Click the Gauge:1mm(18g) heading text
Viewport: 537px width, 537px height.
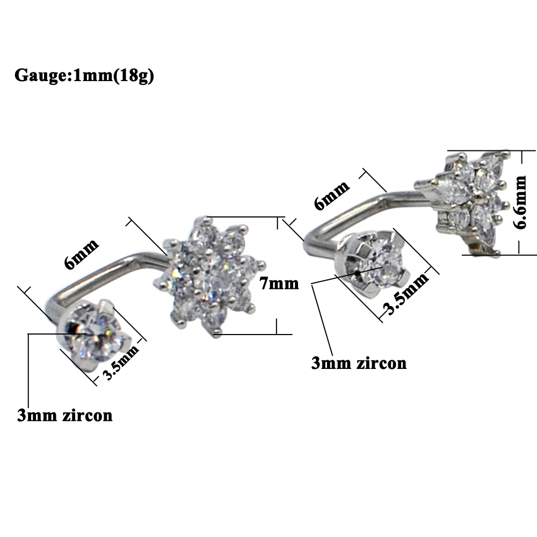point(84,75)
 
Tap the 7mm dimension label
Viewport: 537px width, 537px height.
point(279,284)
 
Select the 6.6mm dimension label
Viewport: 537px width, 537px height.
point(519,202)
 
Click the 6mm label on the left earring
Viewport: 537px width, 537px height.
point(82,254)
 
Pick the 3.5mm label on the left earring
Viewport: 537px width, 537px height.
point(121,362)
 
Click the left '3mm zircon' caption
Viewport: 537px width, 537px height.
point(65,416)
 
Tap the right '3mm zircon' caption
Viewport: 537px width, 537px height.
point(359,363)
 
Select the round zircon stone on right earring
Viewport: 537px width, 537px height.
point(384,263)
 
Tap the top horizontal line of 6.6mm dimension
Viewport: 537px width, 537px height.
point(492,150)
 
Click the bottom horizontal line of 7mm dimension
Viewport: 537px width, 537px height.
point(253,334)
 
